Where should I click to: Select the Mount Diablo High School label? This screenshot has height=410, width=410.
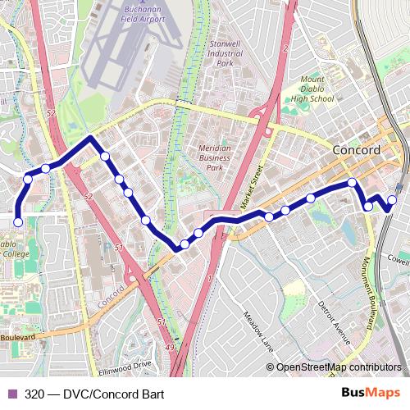tap(312, 89)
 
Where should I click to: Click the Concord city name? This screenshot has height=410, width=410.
tap(357, 151)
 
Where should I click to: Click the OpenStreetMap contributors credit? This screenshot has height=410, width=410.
tap(337, 367)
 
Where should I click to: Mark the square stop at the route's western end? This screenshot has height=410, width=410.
tap(18, 221)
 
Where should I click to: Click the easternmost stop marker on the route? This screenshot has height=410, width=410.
tap(392, 199)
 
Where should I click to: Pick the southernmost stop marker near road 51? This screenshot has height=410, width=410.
tap(176, 248)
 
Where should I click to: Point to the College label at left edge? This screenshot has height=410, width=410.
tap(15, 254)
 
